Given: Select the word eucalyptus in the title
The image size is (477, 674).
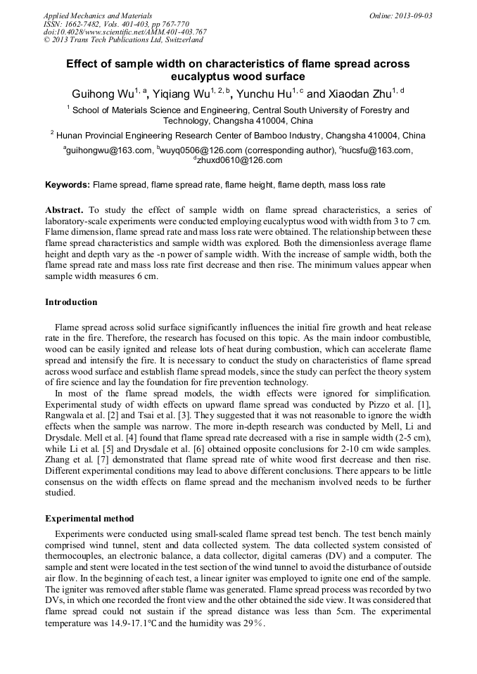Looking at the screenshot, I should pyautogui.click(x=203, y=77).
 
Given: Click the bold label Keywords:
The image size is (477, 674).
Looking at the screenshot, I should pyautogui.click(x=68, y=185).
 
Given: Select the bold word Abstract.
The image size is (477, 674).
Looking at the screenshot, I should pyautogui.click(x=64, y=210).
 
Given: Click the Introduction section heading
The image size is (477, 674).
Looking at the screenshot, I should pyautogui.click(x=71, y=302).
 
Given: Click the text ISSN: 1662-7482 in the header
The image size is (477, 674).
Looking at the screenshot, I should pyautogui.click(x=70, y=24).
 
